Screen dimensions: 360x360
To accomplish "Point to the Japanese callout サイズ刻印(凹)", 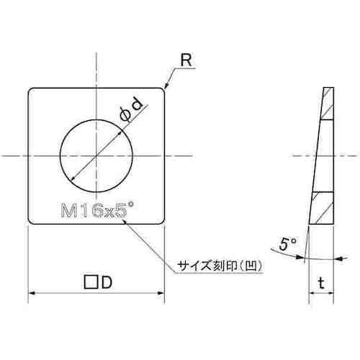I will [x=218, y=265].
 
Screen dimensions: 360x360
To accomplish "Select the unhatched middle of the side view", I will [x=322, y=156].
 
